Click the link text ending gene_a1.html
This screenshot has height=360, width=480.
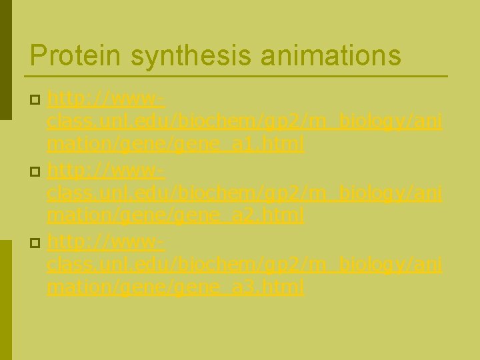click(x=176, y=144)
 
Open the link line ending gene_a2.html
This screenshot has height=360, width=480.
click(x=176, y=215)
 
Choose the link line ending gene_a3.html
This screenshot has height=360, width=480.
click(x=176, y=287)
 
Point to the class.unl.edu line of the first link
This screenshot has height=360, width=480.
click(x=244, y=122)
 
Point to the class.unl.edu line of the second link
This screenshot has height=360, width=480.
click(x=244, y=194)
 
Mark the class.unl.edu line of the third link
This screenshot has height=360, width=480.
click(x=244, y=265)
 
